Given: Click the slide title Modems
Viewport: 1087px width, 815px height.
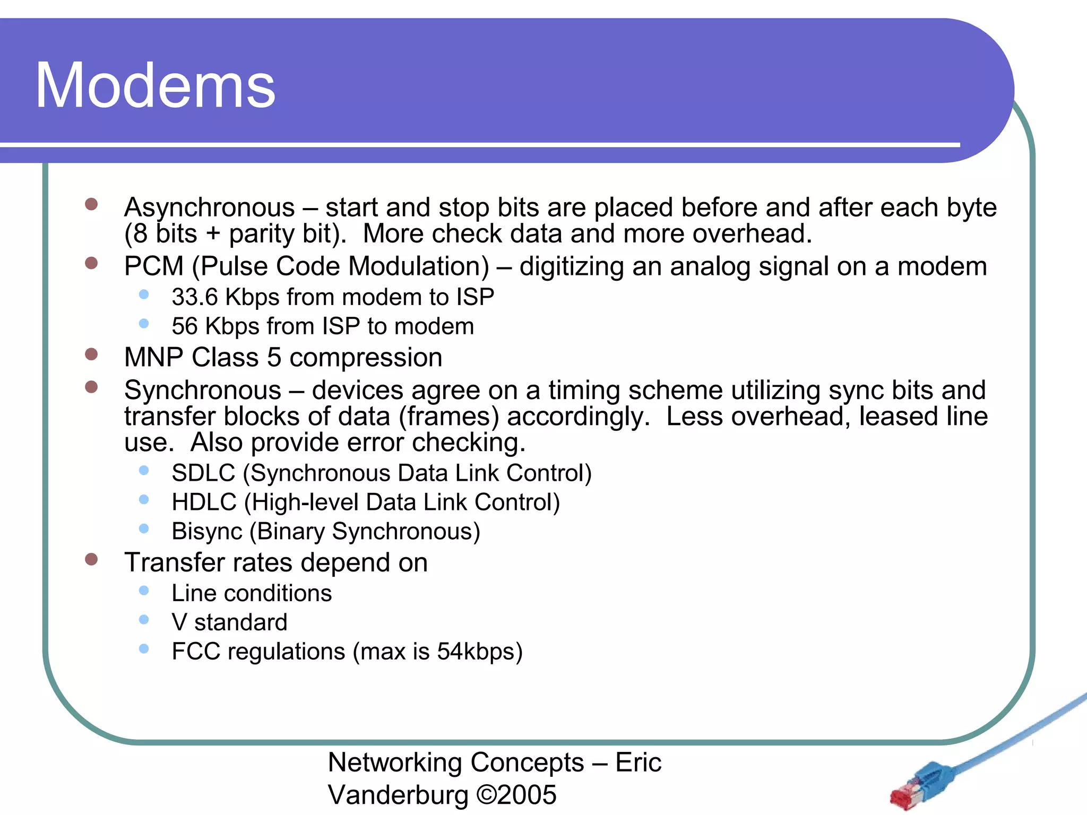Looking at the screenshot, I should [x=155, y=86].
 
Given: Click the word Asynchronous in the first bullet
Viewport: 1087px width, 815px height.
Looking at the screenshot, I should [x=209, y=207].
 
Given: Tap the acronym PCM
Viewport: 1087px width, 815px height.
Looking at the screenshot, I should [x=153, y=266].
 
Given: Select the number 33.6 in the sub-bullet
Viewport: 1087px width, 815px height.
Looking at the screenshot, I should [x=195, y=297].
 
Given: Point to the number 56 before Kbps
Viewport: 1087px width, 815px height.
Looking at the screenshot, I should [x=185, y=326].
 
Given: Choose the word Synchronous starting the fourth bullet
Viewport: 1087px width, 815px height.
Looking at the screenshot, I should [x=202, y=391].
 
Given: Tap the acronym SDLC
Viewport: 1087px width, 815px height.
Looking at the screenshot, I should [x=203, y=473].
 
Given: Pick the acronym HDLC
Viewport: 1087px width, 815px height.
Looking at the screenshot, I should [x=204, y=502].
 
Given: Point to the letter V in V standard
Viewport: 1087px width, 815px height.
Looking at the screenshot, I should [x=179, y=622].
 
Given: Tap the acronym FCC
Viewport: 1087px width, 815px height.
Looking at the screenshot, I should [x=196, y=652].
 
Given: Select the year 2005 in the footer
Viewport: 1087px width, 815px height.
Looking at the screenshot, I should [x=527, y=795].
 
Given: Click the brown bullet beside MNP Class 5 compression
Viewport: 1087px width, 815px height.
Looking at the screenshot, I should [x=91, y=354].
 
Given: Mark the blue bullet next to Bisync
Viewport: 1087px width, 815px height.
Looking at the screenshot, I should [x=144, y=528].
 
